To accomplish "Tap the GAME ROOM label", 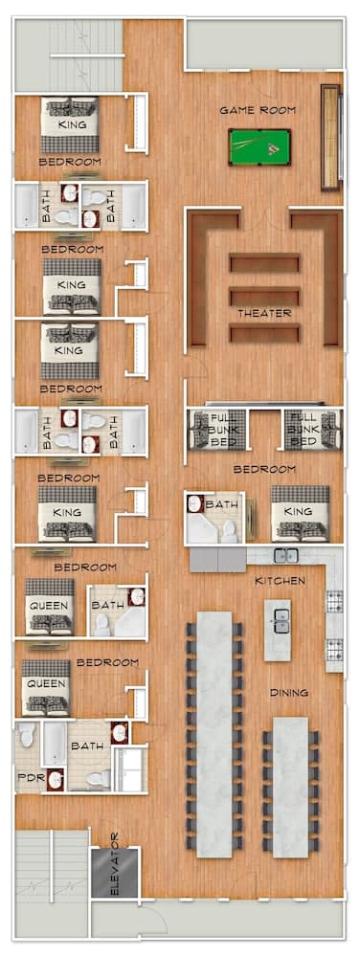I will (257, 110).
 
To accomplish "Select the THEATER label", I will (265, 314).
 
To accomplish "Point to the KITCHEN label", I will (281, 581).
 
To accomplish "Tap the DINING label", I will (288, 692).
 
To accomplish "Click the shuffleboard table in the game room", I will (331, 136).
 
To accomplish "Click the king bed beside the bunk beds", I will (299, 514).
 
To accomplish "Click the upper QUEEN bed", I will (48, 606).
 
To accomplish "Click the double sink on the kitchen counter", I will (284, 555).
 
